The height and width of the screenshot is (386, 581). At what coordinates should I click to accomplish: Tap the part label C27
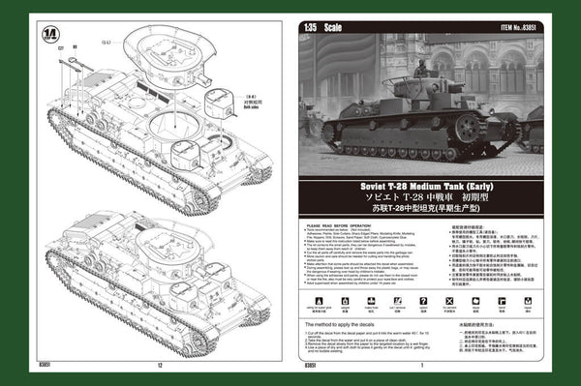point(61,47)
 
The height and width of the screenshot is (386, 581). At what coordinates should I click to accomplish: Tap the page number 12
point(159,366)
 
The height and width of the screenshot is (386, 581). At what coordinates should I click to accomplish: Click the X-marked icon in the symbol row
point(447,303)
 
